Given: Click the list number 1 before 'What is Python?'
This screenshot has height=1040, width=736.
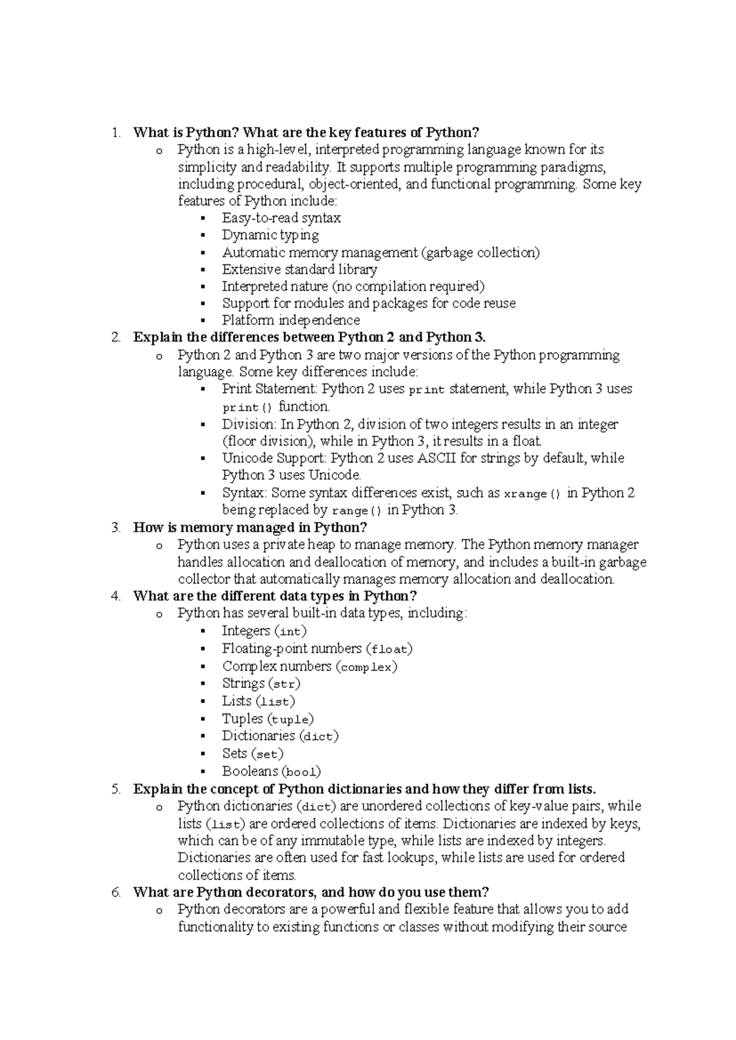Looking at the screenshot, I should click(117, 132).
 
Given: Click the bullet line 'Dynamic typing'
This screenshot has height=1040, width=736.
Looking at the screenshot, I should click(270, 235).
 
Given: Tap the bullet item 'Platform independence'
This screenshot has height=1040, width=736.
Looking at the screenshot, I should click(291, 320).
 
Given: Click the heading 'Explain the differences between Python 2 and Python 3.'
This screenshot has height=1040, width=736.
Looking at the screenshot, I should click(309, 337).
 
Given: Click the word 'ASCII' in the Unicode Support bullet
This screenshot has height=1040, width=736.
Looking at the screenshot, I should click(437, 458).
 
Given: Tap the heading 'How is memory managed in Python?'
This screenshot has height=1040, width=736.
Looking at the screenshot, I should click(250, 527).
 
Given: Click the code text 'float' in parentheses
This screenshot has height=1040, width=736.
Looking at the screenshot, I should click(389, 649).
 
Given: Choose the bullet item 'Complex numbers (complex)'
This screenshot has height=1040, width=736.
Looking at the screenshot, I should click(310, 667).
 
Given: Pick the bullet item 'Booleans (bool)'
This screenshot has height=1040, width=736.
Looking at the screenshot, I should click(271, 771).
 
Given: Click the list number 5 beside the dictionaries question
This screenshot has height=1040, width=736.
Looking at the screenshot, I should click(117, 789).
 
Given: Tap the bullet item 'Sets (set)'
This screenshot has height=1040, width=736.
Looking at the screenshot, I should click(253, 754).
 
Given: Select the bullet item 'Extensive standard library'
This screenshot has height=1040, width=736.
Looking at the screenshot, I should click(299, 269).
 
